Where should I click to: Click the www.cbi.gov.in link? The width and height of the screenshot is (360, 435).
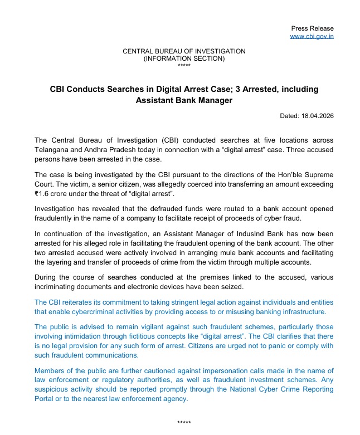[312, 36]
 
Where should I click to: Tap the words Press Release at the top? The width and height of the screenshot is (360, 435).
[312, 28]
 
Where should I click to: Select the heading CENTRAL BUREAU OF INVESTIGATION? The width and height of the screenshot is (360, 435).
[184, 51]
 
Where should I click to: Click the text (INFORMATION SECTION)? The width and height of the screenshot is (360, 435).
[184, 58]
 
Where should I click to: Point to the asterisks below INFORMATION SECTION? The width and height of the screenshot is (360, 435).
[184, 65]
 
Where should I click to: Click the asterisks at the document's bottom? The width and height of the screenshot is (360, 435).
[184, 423]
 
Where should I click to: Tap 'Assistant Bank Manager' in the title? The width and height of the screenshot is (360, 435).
[184, 100]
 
